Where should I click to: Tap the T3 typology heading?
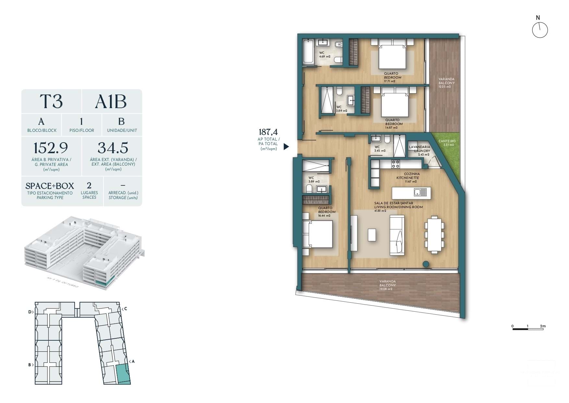(51, 101)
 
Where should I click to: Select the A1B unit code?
(111, 102)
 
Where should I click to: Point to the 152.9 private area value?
(51, 148)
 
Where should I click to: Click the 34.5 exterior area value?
(113, 148)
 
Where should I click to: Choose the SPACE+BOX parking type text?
(50, 186)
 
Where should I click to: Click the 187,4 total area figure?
(268, 132)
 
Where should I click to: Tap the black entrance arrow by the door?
(286, 147)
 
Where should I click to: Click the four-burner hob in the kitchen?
(395, 164)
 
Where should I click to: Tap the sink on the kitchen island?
(420, 192)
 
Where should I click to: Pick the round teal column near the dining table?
(426, 264)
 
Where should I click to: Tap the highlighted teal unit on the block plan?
(123, 373)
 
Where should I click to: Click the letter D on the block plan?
(30, 312)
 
